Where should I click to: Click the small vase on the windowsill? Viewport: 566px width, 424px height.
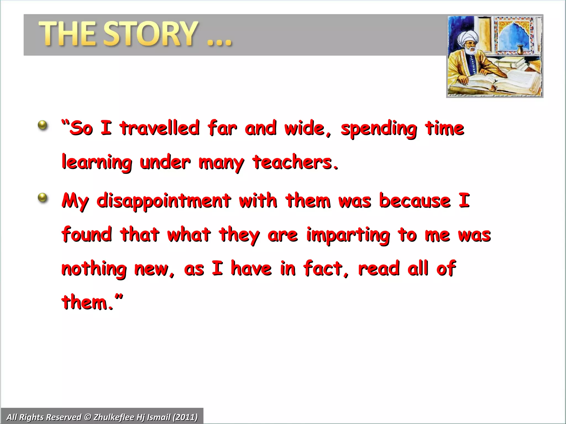click(x=520, y=50)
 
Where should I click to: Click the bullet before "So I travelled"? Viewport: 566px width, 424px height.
click(x=43, y=125)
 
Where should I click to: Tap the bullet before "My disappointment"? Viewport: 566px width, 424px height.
click(x=43, y=198)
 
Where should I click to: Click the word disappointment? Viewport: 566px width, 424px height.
click(x=164, y=201)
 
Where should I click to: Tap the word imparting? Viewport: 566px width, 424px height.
click(x=348, y=235)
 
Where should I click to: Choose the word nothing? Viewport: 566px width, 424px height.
click(x=94, y=269)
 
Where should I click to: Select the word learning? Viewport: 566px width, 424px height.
click(x=97, y=163)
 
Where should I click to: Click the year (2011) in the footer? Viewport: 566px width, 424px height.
click(x=185, y=417)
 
